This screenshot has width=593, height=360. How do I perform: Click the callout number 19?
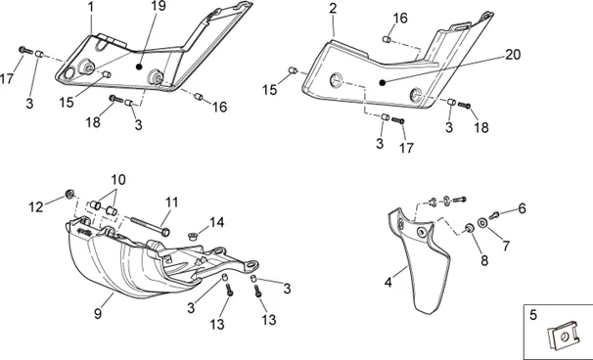pos(159,6)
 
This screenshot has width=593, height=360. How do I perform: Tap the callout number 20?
pos(513,55)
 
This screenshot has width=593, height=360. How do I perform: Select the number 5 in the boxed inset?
pos(533,315)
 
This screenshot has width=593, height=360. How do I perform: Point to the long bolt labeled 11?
pos(150,225)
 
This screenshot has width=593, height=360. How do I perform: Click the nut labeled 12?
pos(69,194)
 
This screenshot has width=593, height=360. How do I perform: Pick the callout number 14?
pos(216,222)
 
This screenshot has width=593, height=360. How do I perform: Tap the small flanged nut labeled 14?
pos(193,237)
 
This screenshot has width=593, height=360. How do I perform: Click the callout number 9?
pos(98,313)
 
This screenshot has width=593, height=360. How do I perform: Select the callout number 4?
pos(388,282)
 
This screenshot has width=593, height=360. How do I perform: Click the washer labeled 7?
pos(482,223)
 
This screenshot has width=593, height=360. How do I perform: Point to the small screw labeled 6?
pos(494,215)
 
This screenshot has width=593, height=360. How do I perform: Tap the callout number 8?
pos(484,260)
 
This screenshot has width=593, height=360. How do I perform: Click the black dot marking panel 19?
pos(139,67)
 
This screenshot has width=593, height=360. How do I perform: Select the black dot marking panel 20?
pos(383,82)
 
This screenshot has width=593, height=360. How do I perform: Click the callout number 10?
pos(118,180)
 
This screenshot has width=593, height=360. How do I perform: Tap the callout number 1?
pos(90,7)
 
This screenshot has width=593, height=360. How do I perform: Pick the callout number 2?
pos(333,9)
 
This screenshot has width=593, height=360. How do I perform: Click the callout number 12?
pos(36,206)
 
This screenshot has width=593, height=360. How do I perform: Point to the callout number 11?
pos(171,202)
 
